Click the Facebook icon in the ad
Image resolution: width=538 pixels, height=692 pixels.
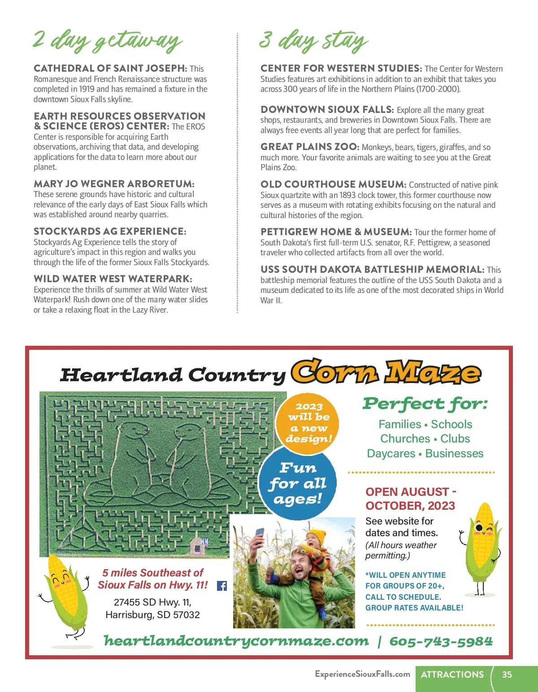(x=222, y=586)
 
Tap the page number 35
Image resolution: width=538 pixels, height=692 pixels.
(x=507, y=675)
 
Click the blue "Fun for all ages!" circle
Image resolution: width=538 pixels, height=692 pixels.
(x=298, y=484)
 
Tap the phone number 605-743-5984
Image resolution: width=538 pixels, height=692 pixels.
(x=441, y=641)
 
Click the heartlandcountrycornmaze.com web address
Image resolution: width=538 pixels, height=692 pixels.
(x=236, y=641)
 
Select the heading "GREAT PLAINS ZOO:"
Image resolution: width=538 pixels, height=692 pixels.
(x=310, y=147)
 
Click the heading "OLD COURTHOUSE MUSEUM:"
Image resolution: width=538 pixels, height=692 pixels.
(x=334, y=185)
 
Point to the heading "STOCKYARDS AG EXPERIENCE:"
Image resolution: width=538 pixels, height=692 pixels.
(x=110, y=232)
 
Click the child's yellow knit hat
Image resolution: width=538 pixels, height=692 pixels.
(x=317, y=536)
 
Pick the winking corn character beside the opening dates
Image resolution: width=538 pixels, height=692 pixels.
(x=482, y=544)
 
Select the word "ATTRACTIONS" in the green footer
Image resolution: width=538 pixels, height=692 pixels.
(x=452, y=675)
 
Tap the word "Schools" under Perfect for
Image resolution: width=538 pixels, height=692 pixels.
(x=451, y=424)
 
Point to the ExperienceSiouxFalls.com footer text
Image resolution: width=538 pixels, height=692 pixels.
(x=362, y=674)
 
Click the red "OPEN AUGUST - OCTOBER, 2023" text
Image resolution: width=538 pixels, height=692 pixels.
(x=410, y=499)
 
